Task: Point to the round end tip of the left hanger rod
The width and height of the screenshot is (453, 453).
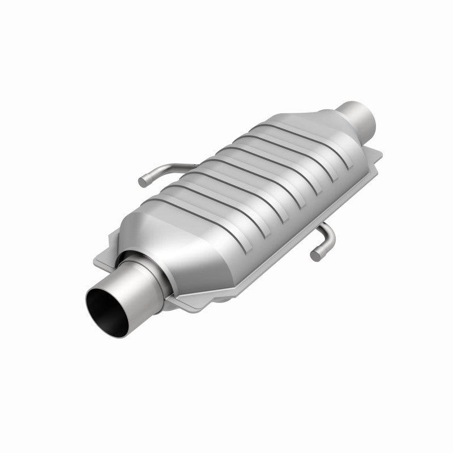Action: (143, 181)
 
